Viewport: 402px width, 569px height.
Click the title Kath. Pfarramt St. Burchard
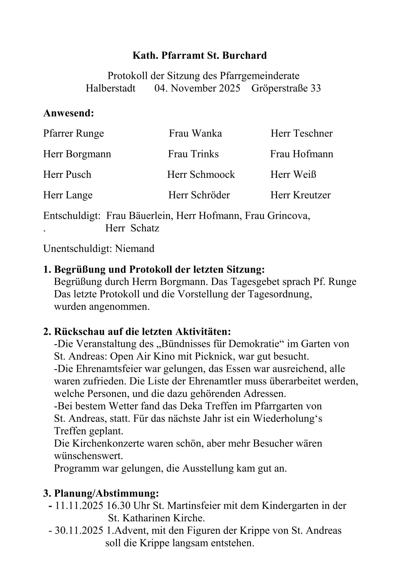coord(200,55)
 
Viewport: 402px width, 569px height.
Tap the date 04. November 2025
coord(197,89)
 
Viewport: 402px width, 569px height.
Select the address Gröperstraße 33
coord(286,89)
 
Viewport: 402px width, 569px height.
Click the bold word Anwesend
coord(69,113)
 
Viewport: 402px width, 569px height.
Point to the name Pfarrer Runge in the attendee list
coord(74,134)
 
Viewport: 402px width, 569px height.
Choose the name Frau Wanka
coord(195,134)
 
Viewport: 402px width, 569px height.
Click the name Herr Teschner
coord(301,134)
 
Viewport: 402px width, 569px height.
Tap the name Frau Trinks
coord(193,154)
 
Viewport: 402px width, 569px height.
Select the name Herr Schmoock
coord(201,175)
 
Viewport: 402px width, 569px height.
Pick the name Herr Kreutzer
coord(300,195)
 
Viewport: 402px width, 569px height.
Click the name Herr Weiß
coord(293,175)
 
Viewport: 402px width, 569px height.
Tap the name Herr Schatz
coord(132,228)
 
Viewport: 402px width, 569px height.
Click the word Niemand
coord(135,249)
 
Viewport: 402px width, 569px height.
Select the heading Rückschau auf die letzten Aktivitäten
coord(142,331)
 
